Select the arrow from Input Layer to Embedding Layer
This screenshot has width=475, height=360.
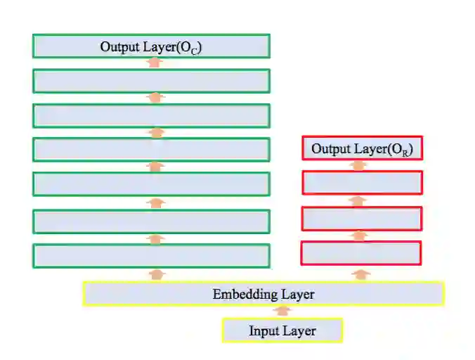[282, 311]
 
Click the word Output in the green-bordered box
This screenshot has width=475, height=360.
[120, 47]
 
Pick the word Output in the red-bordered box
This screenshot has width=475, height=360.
[332, 149]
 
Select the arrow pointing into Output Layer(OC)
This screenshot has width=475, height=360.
[155, 63]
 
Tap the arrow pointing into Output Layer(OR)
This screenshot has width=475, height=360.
[359, 166]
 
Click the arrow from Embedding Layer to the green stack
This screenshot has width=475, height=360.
[156, 274]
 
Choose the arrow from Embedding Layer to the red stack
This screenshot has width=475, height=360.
[361, 274]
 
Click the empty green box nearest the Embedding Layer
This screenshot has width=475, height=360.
[151, 256]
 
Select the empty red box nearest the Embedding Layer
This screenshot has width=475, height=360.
[361, 253]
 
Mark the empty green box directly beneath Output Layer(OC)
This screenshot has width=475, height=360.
[151, 81]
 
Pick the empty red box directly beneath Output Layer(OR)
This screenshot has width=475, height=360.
[362, 183]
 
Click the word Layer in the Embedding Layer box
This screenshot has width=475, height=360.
[297, 295]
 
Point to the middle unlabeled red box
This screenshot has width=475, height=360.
[362, 219]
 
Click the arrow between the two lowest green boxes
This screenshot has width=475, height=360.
[156, 239]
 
